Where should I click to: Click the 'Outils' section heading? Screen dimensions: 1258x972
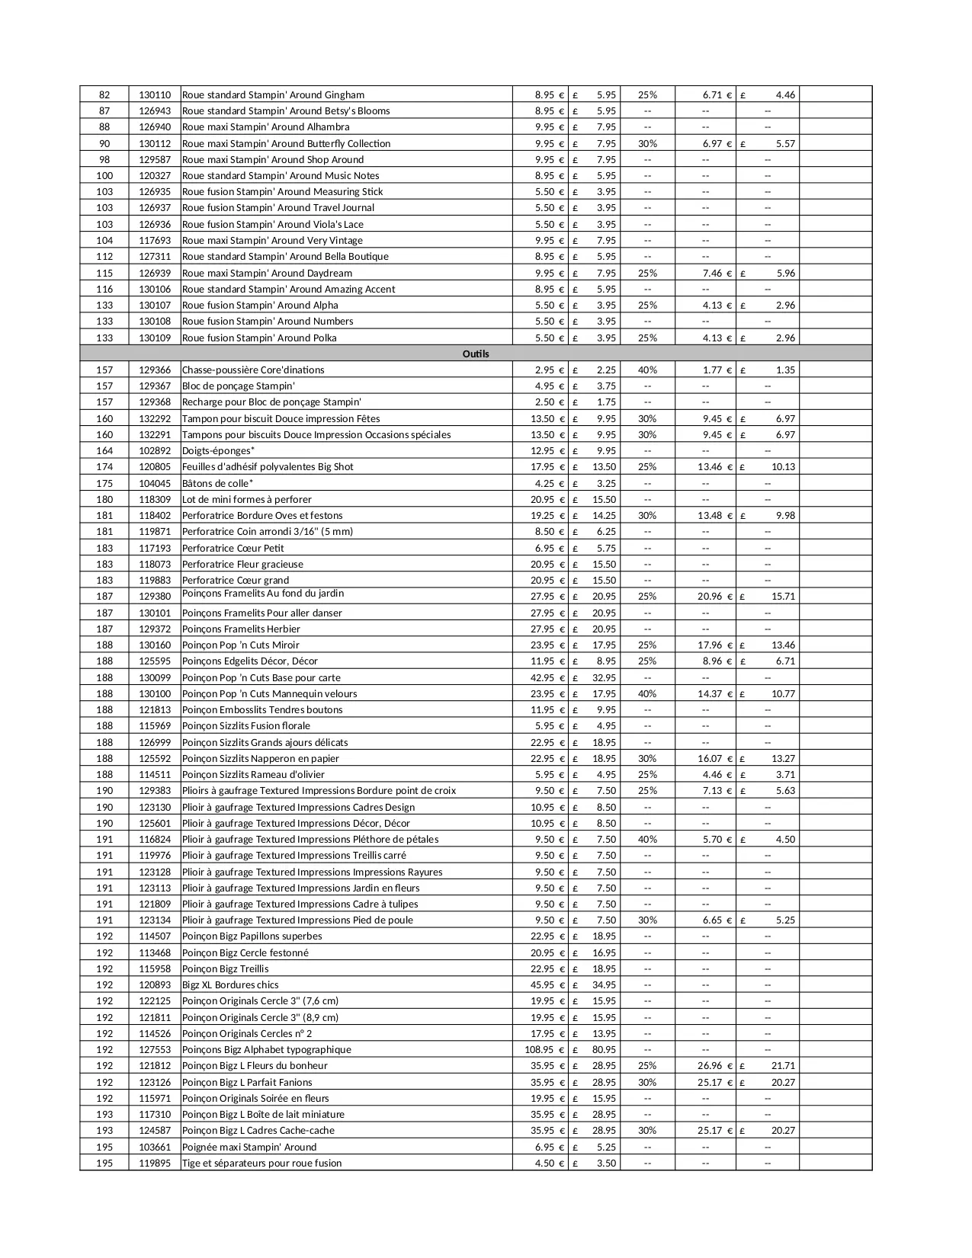point(476,354)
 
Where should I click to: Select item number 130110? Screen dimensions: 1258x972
point(155,95)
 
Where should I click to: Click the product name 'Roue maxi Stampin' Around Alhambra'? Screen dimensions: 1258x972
point(265,127)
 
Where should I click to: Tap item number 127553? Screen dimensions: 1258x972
point(155,1050)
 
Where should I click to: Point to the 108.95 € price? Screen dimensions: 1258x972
point(544,1050)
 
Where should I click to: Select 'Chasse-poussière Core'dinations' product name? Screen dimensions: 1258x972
point(253,370)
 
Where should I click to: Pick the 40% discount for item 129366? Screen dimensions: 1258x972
point(647,370)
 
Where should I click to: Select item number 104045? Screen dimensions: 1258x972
point(155,484)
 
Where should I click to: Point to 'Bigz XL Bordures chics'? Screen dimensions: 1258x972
point(230,985)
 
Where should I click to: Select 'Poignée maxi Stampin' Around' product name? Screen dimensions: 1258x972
point(249,1147)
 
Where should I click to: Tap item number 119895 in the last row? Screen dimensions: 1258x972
point(155,1164)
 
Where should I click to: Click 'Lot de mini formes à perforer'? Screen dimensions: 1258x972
point(246,500)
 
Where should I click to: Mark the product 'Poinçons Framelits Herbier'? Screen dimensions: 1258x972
point(241,629)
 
